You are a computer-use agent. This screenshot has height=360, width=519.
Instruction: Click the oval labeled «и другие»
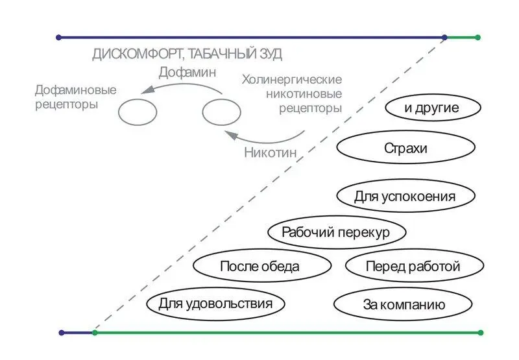[x=432, y=108]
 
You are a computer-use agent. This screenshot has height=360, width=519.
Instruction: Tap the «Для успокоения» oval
[x=405, y=196]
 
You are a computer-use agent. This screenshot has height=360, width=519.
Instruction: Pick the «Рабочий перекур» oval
[x=337, y=232]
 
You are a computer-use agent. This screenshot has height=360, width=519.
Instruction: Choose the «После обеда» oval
[x=259, y=266]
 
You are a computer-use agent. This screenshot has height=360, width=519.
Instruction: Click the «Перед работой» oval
[x=413, y=266]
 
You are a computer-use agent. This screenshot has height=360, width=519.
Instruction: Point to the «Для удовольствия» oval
[x=215, y=303]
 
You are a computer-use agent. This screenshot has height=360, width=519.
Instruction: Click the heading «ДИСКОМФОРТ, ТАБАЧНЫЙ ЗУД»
[x=187, y=54]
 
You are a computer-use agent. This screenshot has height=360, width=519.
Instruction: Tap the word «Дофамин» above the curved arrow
[x=187, y=73]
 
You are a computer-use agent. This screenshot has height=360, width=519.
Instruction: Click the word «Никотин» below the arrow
[x=270, y=153]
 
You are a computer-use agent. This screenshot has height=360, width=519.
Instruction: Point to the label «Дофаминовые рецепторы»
[x=75, y=97]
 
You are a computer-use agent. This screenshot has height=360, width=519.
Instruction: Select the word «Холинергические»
[x=291, y=80]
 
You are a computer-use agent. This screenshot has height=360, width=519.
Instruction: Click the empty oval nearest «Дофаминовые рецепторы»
[x=138, y=112]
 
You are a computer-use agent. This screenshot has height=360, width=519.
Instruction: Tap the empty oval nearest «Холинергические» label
[x=221, y=112]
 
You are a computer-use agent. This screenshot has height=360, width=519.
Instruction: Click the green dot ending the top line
[x=478, y=38]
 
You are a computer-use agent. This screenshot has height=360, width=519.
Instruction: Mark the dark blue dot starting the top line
[x=60, y=38]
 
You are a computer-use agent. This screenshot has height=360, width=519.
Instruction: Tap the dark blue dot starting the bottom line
[x=62, y=333]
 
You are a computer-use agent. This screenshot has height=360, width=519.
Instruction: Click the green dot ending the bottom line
[x=480, y=333]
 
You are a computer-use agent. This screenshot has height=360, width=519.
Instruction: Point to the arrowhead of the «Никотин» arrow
[x=228, y=135]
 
